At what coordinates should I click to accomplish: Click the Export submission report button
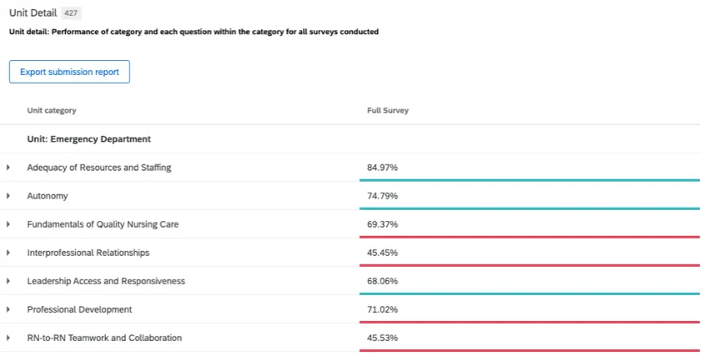[69, 72]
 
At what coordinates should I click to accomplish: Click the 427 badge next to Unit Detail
[72, 13]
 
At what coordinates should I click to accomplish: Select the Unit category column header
[51, 111]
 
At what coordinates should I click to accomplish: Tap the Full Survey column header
[388, 111]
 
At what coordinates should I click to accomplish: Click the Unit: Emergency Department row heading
[88, 139]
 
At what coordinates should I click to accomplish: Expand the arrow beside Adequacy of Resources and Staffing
[8, 168]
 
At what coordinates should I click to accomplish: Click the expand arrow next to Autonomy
[8, 196]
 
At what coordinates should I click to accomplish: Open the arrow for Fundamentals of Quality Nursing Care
[8, 224]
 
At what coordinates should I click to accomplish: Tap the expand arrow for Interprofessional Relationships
[8, 253]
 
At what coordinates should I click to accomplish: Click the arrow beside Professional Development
[8, 309]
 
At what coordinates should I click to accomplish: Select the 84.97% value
[382, 168]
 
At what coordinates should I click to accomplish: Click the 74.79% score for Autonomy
[382, 196]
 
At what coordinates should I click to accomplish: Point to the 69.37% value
[382, 224]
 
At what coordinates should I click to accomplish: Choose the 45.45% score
[382, 253]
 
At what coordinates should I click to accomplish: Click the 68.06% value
[382, 281]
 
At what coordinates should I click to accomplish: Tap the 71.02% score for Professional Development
[382, 309]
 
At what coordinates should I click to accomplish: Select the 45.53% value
[382, 338]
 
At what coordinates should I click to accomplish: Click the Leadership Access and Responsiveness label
[106, 281]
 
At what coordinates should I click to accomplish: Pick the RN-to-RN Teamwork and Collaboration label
[104, 338]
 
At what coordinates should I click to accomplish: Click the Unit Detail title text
[33, 13]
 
